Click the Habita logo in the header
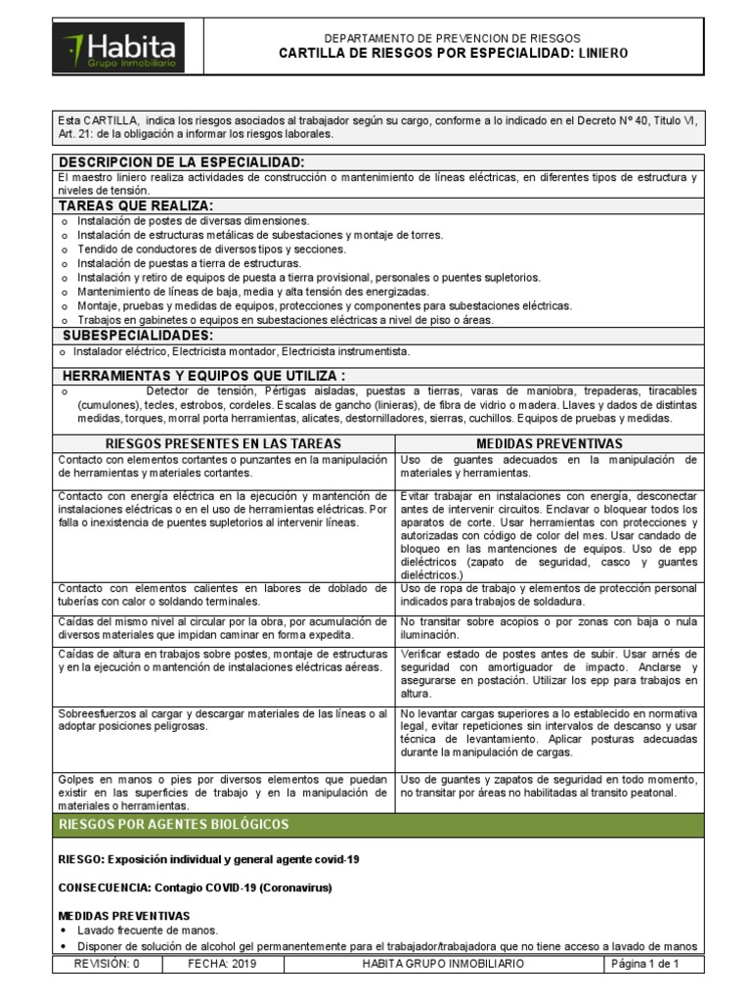[x=119, y=48]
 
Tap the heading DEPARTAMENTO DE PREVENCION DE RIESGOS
[x=465, y=37]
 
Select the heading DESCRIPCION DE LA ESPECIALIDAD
[x=182, y=161]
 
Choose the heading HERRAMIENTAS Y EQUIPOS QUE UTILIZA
[x=203, y=376]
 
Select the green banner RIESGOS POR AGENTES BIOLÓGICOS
[x=173, y=824]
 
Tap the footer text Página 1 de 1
[x=644, y=964]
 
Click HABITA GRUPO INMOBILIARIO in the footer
[x=442, y=964]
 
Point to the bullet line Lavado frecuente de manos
[x=147, y=931]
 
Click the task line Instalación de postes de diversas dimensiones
[x=193, y=221]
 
